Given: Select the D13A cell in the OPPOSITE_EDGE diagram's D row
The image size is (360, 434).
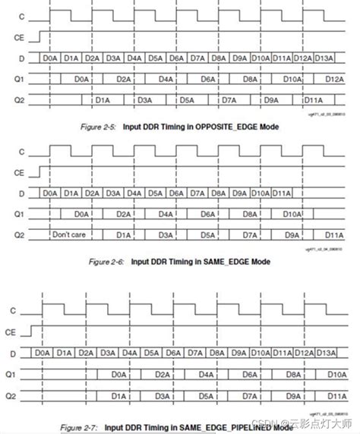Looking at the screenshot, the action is point(324,58).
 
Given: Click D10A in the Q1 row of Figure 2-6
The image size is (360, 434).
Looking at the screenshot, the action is point(291,214).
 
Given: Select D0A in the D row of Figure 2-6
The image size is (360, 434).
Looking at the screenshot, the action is point(51,194).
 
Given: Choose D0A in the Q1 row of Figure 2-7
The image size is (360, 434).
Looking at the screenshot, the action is point(118,374).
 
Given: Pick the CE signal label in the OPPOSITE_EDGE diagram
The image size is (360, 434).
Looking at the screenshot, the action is point(18,36).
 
